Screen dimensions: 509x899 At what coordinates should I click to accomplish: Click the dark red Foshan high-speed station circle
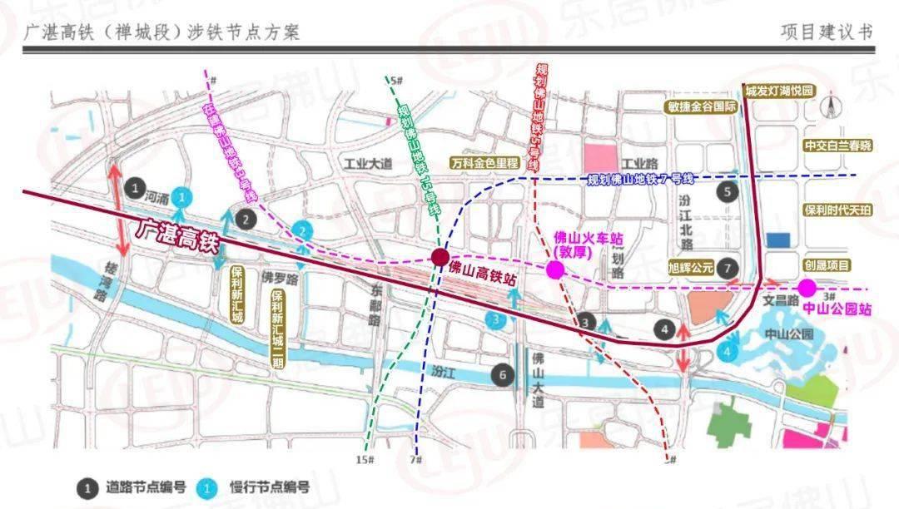[x=439, y=257]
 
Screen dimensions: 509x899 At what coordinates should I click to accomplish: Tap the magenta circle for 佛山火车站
[x=554, y=269]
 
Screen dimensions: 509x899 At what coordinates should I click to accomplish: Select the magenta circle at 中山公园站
[x=807, y=288]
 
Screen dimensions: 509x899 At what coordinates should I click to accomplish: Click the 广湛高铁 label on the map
[x=176, y=230]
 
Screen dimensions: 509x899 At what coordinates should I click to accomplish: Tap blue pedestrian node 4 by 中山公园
[x=728, y=352]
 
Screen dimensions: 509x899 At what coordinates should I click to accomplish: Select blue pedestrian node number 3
[x=496, y=319]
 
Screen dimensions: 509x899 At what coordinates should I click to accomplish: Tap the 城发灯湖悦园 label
[x=778, y=90]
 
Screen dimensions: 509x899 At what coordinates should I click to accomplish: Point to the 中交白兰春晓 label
[x=837, y=146]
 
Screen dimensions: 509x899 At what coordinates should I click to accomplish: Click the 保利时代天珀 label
[x=837, y=211]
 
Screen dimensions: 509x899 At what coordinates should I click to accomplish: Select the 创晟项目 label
[x=827, y=265]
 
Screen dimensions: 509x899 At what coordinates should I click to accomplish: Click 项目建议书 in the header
[x=827, y=32]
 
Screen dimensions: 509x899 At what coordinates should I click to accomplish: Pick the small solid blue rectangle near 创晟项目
[x=777, y=240]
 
